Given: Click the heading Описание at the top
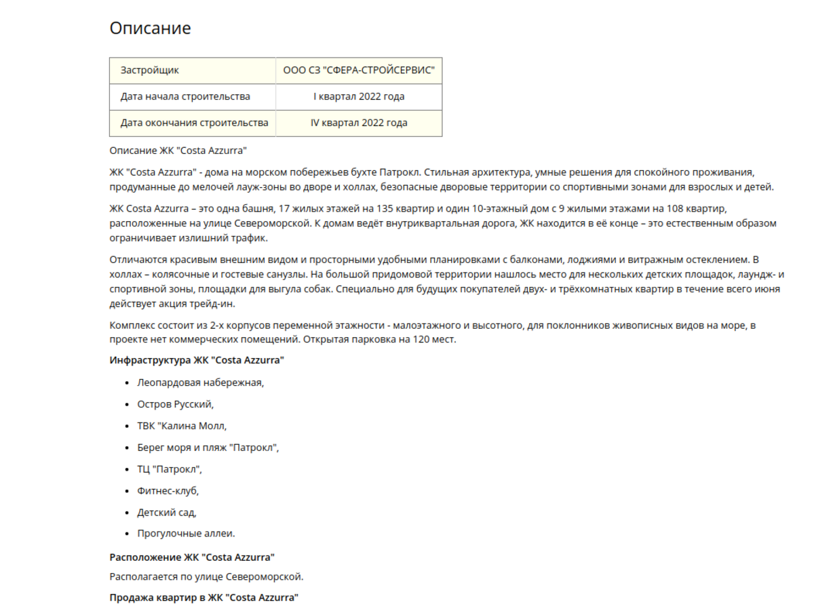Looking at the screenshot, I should point(150,28).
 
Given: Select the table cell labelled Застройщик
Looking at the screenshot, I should point(150,71).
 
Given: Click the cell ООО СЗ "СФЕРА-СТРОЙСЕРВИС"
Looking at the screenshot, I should point(359,71).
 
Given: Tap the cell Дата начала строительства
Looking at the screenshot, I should point(185,96).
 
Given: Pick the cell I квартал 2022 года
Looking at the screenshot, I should point(359,96).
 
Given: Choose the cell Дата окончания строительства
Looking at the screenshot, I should point(194,123).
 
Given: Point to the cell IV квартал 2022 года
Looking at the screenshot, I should point(359,123).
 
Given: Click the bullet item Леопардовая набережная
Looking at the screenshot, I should point(200,382).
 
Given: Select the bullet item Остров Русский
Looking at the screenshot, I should point(175,404).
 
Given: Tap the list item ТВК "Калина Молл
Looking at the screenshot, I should point(182,426).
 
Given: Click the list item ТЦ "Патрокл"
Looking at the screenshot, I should point(170,469).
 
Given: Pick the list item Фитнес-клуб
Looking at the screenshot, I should point(168,490).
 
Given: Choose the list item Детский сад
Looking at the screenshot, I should point(166,512).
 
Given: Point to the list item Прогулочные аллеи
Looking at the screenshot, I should point(186,534).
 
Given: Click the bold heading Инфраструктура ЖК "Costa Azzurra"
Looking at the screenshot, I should point(197,360).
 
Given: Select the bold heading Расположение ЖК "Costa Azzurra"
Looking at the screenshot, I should point(192,557).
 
